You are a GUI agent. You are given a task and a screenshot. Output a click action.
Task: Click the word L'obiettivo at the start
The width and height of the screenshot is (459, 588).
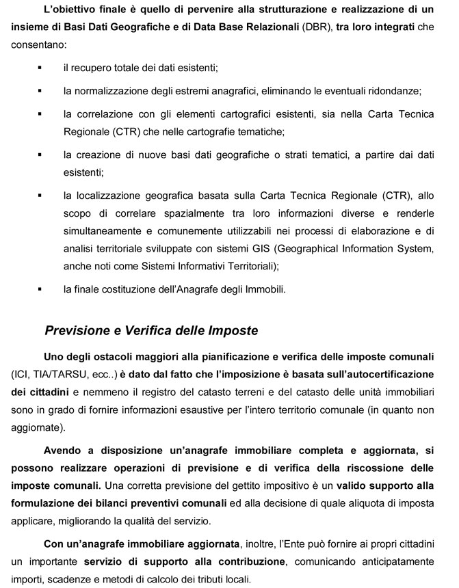[70, 9]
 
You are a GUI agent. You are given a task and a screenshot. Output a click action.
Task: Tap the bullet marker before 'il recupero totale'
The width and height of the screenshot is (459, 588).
[40, 68]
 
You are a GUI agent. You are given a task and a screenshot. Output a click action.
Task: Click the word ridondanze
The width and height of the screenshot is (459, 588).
[393, 90]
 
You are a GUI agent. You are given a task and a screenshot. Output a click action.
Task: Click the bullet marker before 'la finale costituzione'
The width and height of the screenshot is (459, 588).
[40, 289]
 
